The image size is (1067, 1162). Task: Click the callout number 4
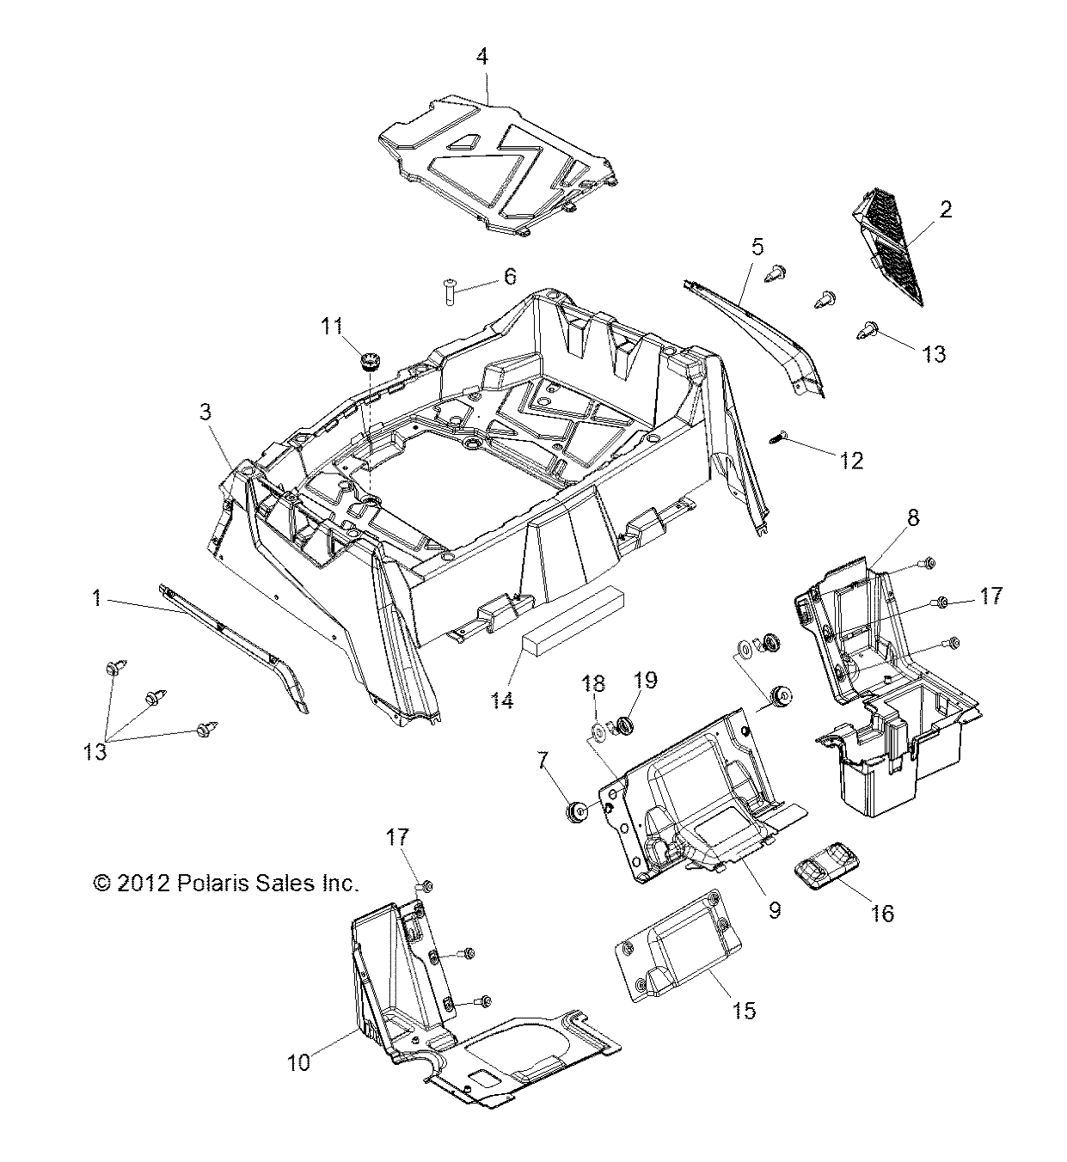tap(482, 57)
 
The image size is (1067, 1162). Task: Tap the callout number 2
tap(945, 209)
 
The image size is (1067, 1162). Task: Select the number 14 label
tap(502, 700)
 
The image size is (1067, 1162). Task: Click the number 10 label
tap(298, 1062)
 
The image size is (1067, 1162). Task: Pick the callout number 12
tap(851, 461)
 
